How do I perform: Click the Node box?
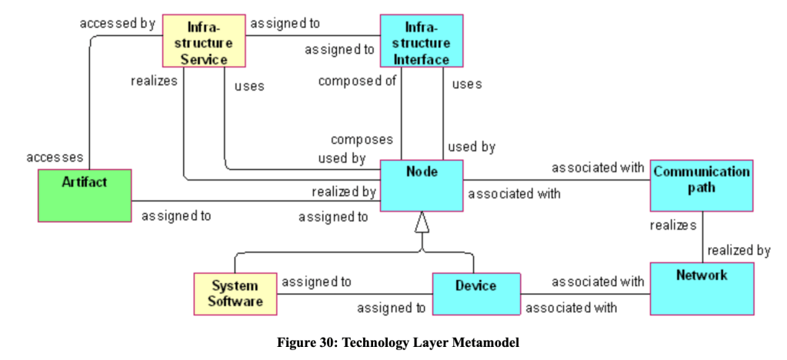[x=422, y=185]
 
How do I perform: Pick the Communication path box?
[x=701, y=185]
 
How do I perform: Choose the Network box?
[x=701, y=288]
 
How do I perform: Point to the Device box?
[x=475, y=294]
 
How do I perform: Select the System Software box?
[x=235, y=293]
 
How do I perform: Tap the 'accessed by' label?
[x=117, y=23]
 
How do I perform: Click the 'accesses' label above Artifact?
[x=55, y=157]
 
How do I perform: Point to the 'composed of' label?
[x=356, y=81]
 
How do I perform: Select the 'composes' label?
[x=362, y=139]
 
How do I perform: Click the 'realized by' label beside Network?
[x=739, y=250]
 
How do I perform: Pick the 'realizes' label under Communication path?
[x=673, y=225]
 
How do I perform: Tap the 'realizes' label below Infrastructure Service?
[x=154, y=79]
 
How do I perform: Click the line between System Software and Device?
[x=354, y=295]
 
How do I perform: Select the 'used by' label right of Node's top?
[x=472, y=145]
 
